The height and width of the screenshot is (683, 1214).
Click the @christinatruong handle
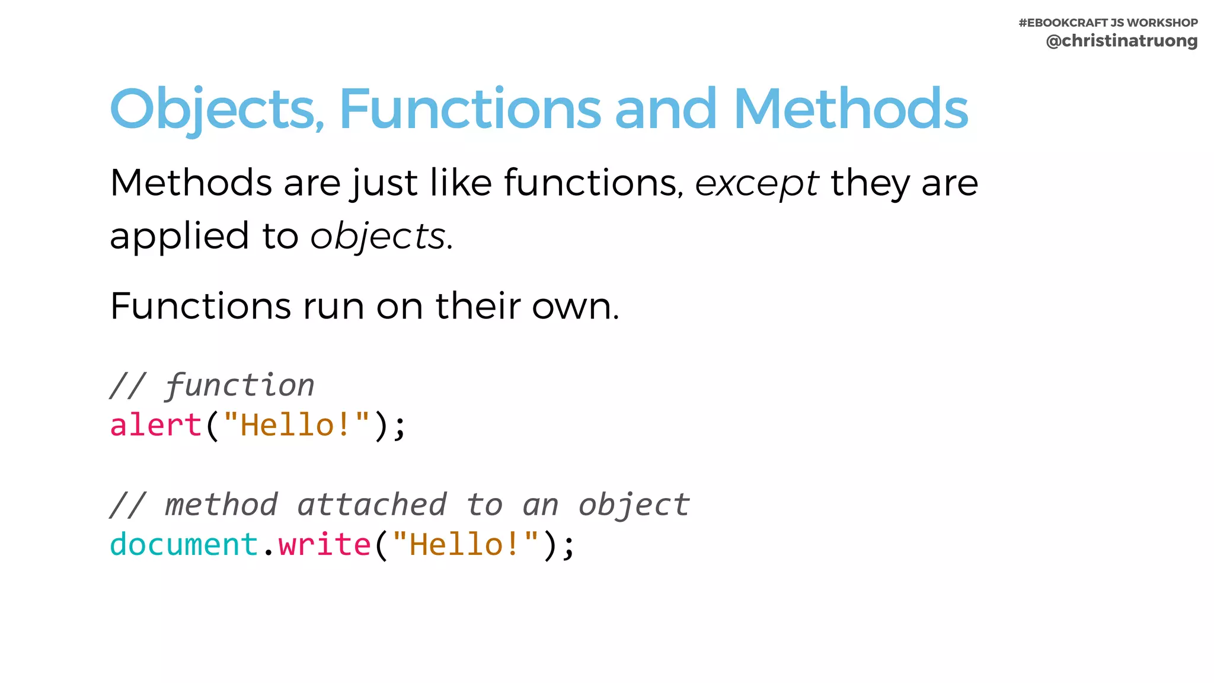tap(1122, 41)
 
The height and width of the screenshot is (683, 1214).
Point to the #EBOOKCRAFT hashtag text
tap(1063, 23)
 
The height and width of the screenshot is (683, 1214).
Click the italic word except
tap(757, 184)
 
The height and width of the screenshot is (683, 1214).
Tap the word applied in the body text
tap(179, 237)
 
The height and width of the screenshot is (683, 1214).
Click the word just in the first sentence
tap(384, 184)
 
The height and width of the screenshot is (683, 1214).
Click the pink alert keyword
tap(156, 425)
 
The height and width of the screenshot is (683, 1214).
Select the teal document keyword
tap(184, 544)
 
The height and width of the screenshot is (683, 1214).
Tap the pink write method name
tap(324, 544)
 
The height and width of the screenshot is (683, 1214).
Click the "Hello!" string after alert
tap(296, 425)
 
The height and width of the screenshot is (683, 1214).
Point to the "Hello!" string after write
tap(465, 544)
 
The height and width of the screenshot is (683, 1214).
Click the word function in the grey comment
tap(239, 386)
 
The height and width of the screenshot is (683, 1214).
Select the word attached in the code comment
tap(372, 505)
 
